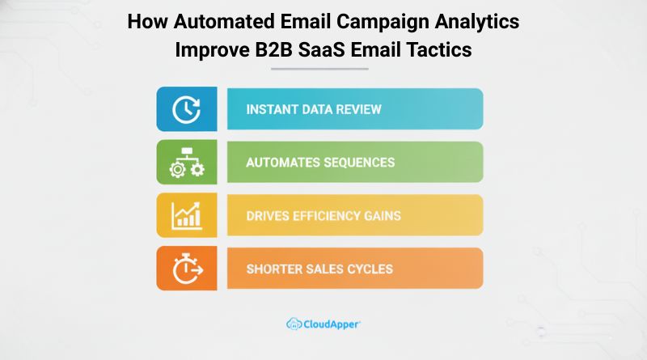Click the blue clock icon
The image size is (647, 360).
tap(186, 109)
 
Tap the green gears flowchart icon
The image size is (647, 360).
tap(186, 163)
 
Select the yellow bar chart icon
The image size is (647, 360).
tap(186, 215)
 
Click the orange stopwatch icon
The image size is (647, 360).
tap(186, 269)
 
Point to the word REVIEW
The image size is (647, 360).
tap(358, 109)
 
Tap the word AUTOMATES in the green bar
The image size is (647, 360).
tap(282, 163)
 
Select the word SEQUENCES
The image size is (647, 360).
tap(359, 163)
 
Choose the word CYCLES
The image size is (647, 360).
tap(370, 269)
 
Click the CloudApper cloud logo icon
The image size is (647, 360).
tap(294, 324)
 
